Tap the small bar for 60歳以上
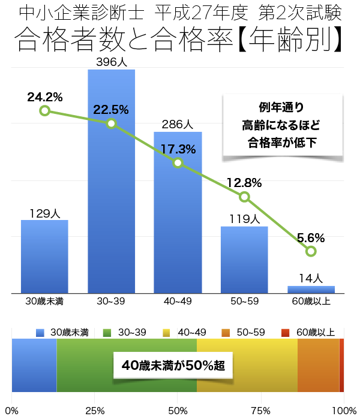click(x=311, y=290)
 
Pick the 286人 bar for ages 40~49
click(x=178, y=228)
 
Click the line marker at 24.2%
click(x=44, y=111)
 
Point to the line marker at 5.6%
click(x=311, y=251)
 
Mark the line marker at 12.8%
click(x=244, y=197)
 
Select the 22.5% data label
click(x=111, y=109)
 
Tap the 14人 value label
click(x=311, y=278)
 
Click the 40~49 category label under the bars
click(x=178, y=301)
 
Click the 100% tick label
click(x=344, y=411)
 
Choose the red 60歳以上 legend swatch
click(x=286, y=332)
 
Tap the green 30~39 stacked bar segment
click(x=90, y=384)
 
